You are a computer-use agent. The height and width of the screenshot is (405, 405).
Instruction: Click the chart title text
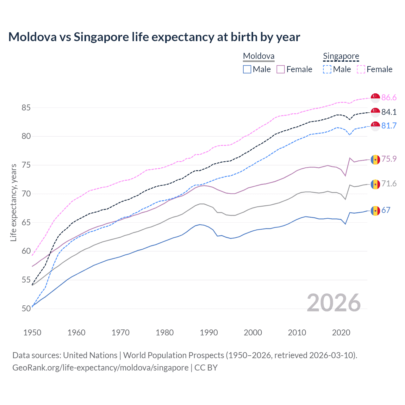coord(154,37)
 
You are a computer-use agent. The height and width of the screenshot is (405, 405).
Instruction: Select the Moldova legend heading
coord(259,56)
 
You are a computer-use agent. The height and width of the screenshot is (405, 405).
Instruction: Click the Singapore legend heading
coord(341,56)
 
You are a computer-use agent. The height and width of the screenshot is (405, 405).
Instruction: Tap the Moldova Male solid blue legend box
coord(247,69)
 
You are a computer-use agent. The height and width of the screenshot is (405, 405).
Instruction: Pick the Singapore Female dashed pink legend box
coord(361,69)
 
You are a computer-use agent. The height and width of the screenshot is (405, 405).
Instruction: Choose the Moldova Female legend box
coord(281,69)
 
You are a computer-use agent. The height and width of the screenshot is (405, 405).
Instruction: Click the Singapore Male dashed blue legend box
coord(327,69)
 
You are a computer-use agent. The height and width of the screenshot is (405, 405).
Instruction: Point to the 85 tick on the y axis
coord(26,108)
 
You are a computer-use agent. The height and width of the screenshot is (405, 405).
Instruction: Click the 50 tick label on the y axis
coord(26,309)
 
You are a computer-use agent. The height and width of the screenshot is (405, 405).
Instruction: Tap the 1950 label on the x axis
coord(32,333)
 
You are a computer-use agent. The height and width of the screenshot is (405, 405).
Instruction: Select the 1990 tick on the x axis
coord(209,333)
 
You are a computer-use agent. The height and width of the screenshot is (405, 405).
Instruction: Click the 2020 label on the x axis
coord(341,333)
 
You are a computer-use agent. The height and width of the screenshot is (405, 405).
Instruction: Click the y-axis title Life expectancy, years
coord(14,202)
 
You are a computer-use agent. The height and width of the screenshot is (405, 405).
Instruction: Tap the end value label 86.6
coord(389,98)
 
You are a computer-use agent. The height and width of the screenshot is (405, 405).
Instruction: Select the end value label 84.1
coord(389,112)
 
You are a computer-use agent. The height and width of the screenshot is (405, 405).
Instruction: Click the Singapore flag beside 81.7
coord(375,126)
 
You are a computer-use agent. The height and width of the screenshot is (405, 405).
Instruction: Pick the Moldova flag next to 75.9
coord(375,159)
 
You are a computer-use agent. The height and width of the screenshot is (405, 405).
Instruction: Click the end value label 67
coord(386,210)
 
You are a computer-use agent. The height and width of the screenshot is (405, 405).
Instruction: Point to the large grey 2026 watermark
coord(334,303)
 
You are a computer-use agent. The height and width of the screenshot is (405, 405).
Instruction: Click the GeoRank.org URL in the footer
coord(100,368)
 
